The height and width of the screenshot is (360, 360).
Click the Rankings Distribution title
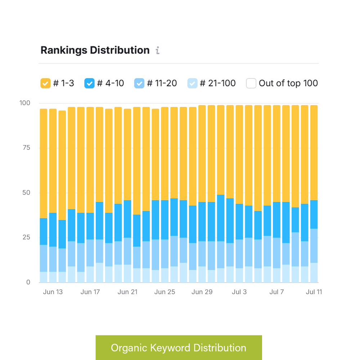click(95, 50)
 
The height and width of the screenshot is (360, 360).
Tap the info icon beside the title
click(157, 50)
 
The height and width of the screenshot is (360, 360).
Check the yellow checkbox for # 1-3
click(45, 83)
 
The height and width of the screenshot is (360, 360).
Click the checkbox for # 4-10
click(89, 83)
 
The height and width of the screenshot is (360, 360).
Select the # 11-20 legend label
click(162, 83)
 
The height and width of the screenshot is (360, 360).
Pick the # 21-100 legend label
click(217, 83)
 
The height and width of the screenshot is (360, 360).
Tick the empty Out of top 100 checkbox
click(251, 83)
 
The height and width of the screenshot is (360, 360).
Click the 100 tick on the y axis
click(24, 103)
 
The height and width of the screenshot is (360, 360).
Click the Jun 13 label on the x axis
click(53, 292)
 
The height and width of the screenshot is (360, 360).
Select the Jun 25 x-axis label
click(165, 292)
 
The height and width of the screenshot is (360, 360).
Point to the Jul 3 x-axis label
click(239, 292)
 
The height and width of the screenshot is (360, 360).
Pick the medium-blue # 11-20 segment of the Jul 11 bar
click(314, 246)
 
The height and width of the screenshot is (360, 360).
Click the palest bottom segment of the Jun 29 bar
click(202, 274)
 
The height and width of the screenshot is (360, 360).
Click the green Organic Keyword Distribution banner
click(179, 347)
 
